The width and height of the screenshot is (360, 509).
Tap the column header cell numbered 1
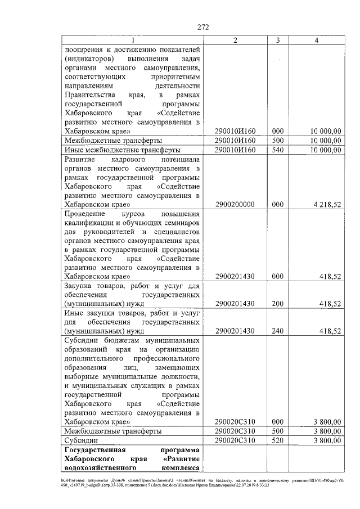(x=132, y=40)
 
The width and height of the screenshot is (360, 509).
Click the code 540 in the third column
(x=277, y=150)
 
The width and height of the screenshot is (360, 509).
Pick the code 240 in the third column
(x=277, y=331)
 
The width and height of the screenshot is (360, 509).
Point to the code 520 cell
(x=277, y=440)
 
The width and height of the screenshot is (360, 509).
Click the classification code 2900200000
(x=235, y=205)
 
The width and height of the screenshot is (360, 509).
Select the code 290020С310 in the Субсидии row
(x=235, y=440)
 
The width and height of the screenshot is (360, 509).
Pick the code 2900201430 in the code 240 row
(x=235, y=331)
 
